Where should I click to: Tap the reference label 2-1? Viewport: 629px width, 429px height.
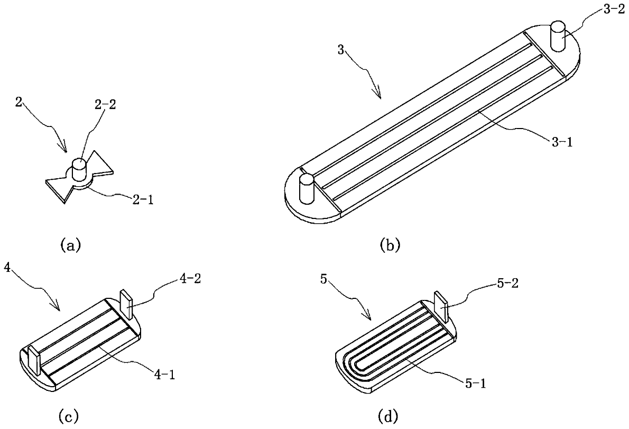click(142, 199)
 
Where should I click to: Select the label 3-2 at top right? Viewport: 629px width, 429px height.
click(614, 10)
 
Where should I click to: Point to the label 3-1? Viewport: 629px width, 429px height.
click(561, 142)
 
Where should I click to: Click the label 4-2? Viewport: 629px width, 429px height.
click(190, 279)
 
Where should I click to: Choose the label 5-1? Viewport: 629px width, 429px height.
click(476, 384)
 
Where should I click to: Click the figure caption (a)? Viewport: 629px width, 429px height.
click(70, 244)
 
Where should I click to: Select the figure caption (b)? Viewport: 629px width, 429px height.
click(390, 245)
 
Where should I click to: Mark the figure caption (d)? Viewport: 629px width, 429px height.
click(388, 416)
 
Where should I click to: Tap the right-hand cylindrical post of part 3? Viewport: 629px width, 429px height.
click(558, 36)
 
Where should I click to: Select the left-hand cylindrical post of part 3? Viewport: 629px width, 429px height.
click(307, 189)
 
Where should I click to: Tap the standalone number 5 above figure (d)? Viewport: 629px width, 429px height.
click(323, 279)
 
